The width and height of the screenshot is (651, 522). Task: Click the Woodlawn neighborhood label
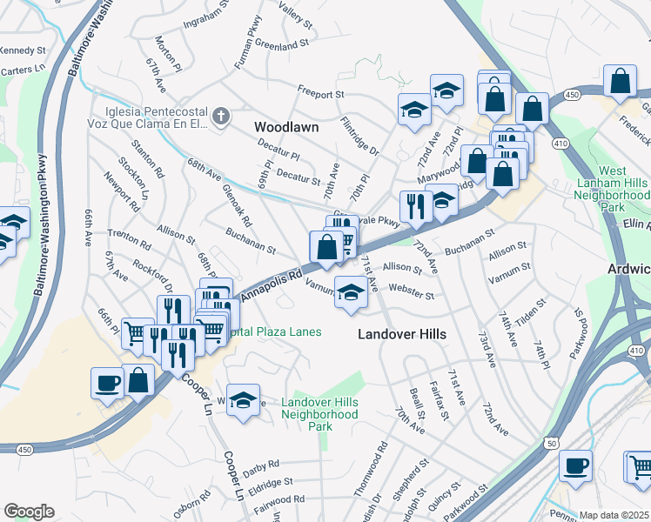tap(286, 127)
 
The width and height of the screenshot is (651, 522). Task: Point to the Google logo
tap(29, 511)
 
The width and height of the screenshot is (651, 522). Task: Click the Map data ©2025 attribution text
tap(614, 515)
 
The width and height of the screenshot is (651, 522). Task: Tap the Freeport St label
tap(321, 92)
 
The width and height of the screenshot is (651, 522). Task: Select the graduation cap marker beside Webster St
tap(351, 293)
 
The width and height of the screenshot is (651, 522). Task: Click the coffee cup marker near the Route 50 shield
tap(574, 465)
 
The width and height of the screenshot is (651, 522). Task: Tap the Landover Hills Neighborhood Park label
tap(319, 414)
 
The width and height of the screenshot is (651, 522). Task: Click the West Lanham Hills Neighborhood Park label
tap(623, 190)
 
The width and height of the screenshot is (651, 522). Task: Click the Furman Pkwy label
tap(247, 43)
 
